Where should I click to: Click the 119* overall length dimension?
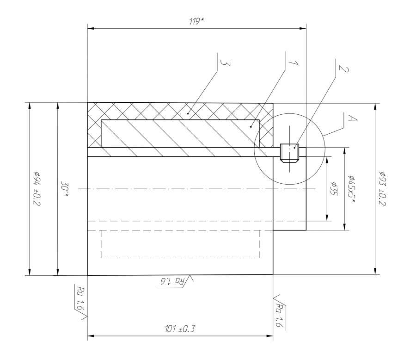[x=196, y=21]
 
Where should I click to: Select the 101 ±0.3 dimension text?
[x=180, y=329]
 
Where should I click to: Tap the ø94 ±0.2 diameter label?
[x=37, y=189]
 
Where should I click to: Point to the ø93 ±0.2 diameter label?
[x=382, y=189]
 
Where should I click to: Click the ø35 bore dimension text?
[x=333, y=189]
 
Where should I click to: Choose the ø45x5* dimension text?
[x=352, y=189]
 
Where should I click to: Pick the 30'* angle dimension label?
[x=65, y=189]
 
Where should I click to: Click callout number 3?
[x=226, y=63]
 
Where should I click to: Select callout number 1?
[x=294, y=63]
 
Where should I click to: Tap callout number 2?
[x=343, y=68]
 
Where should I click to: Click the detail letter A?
[x=352, y=118]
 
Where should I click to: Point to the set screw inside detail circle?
[x=289, y=153]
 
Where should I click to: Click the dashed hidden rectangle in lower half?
[x=180, y=244]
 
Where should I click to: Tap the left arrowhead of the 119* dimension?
[x=91, y=28]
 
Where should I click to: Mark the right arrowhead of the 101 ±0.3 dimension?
[x=270, y=336]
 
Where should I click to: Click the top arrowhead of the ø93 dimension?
[x=375, y=106]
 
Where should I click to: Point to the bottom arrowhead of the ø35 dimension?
[x=327, y=217]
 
